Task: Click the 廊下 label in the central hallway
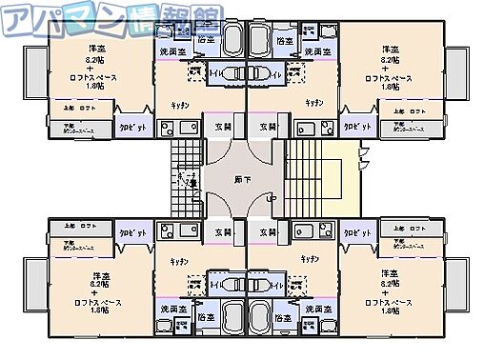pos(243,178)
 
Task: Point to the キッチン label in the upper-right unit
pos(313,102)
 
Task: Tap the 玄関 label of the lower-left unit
pos(222,231)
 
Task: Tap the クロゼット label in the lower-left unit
pos(131,232)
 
